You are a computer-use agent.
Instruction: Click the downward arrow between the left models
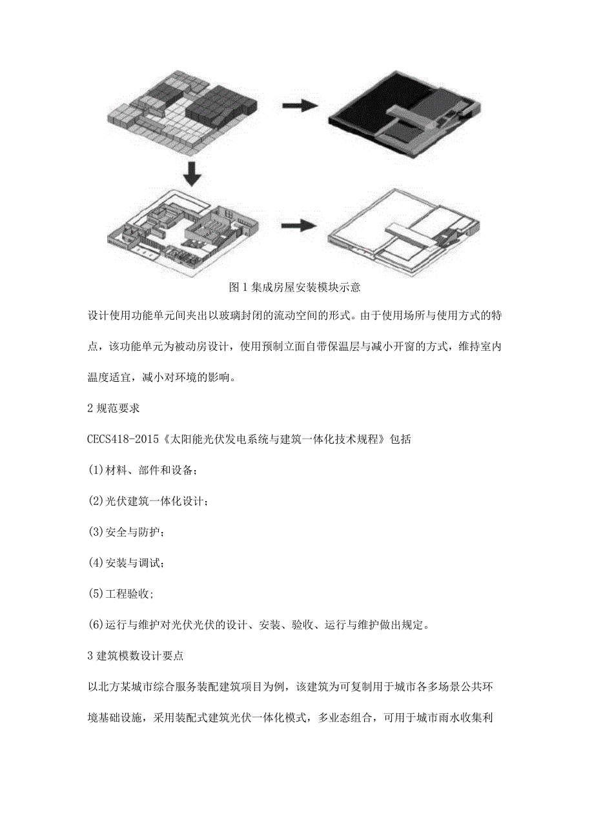click(x=192, y=173)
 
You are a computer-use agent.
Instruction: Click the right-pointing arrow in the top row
click(x=300, y=106)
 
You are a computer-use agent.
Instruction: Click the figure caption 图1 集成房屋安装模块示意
click(x=295, y=288)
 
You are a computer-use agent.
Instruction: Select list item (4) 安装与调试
click(x=127, y=563)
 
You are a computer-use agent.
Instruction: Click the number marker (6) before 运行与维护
click(x=96, y=625)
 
